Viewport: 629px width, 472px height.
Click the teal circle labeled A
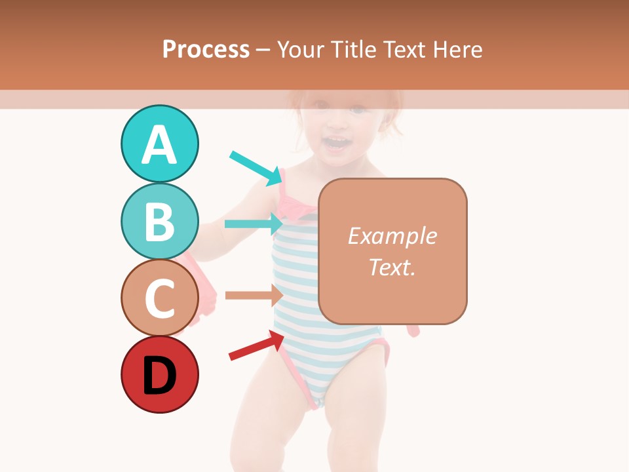point(159,144)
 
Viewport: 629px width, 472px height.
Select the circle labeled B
point(159,221)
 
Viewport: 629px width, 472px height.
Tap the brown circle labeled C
point(159,298)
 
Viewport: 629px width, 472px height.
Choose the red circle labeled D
point(159,374)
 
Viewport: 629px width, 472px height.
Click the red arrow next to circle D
point(256,345)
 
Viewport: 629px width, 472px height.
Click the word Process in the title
point(206,49)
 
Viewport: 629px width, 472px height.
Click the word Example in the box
point(392,236)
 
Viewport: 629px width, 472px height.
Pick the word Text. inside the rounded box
point(392,267)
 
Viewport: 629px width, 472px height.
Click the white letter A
point(159,145)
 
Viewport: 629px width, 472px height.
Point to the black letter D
point(159,376)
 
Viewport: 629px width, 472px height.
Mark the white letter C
point(159,298)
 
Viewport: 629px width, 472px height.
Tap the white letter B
point(159,222)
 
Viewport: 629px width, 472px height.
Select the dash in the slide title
point(263,50)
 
